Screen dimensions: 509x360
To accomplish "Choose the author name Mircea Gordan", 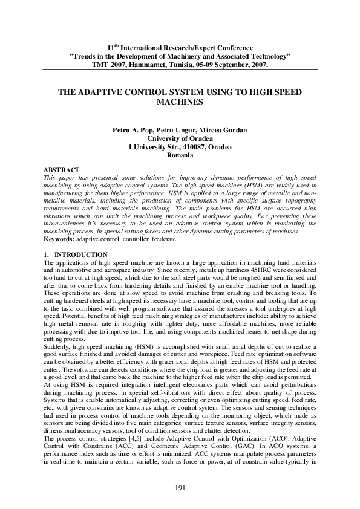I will pos(224,131).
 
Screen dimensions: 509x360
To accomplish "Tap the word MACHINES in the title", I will pos(180,103).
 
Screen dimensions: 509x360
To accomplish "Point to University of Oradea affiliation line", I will pos(180,138).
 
